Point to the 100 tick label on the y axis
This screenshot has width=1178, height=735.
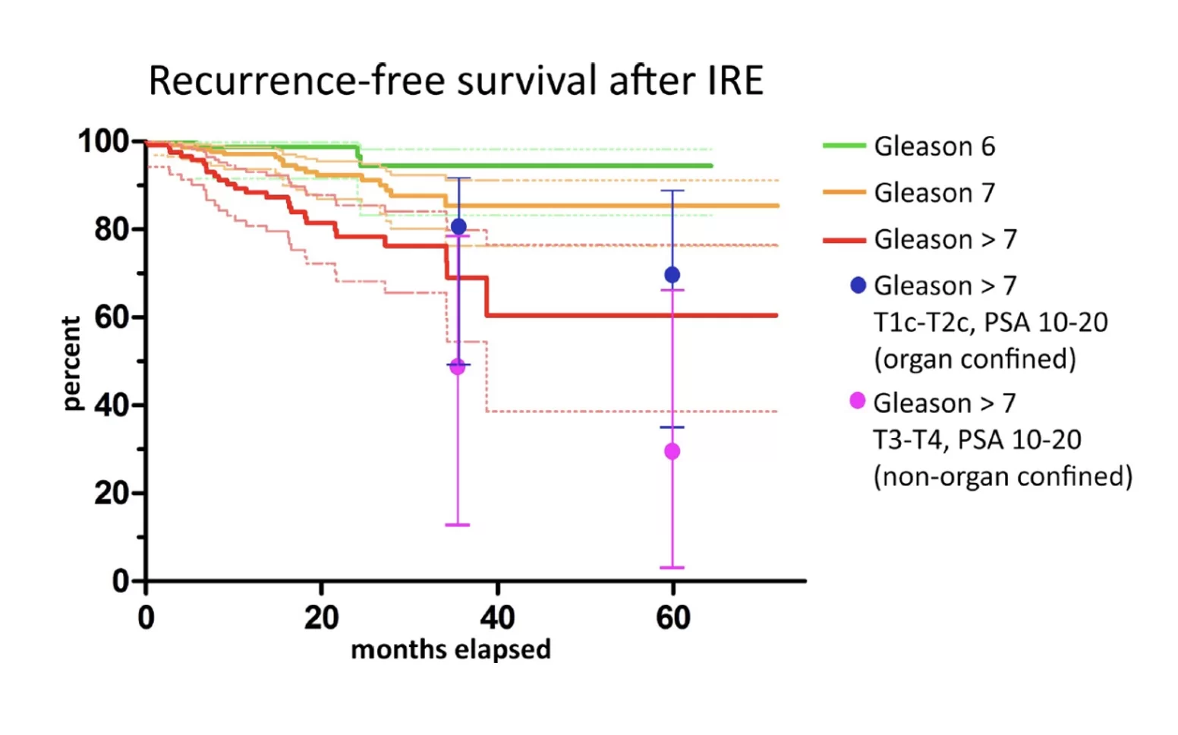click(104, 141)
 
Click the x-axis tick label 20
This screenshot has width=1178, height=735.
click(321, 618)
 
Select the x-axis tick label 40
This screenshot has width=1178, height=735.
click(497, 618)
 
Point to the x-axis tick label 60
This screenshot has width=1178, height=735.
click(673, 618)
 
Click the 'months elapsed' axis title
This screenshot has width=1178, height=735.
click(451, 650)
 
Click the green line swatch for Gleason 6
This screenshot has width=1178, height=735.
click(844, 145)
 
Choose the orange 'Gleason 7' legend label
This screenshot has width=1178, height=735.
click(934, 193)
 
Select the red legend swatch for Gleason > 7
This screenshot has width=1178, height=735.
click(844, 240)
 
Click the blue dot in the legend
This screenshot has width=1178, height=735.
click(858, 285)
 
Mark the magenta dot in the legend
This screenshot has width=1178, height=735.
click(858, 401)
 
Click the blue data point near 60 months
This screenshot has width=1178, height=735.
click(672, 275)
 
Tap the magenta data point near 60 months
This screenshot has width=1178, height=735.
click(672, 451)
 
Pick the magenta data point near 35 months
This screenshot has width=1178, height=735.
click(457, 367)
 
